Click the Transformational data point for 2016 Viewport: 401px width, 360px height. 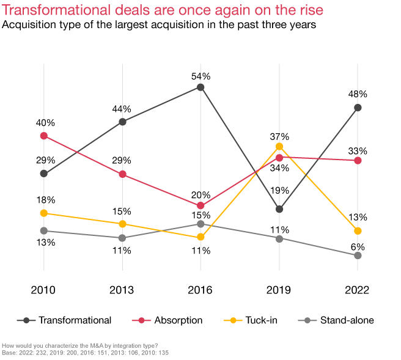(x=200, y=87)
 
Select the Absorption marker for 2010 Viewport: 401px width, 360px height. (x=43, y=136)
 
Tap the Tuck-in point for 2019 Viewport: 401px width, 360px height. (x=279, y=146)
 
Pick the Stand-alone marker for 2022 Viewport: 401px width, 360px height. (x=358, y=255)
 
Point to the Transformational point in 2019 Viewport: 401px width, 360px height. (x=279, y=209)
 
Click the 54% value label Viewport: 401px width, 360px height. (x=200, y=76)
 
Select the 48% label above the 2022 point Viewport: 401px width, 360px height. (x=358, y=95)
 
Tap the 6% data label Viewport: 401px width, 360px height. (x=358, y=247)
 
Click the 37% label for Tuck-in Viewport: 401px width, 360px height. (x=279, y=136)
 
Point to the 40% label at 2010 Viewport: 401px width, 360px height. (x=45, y=122)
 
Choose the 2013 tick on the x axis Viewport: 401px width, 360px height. (x=122, y=290)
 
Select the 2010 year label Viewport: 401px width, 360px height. (x=43, y=290)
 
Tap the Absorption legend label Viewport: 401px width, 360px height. (x=178, y=320)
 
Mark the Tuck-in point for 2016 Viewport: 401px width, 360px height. (x=200, y=237)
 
